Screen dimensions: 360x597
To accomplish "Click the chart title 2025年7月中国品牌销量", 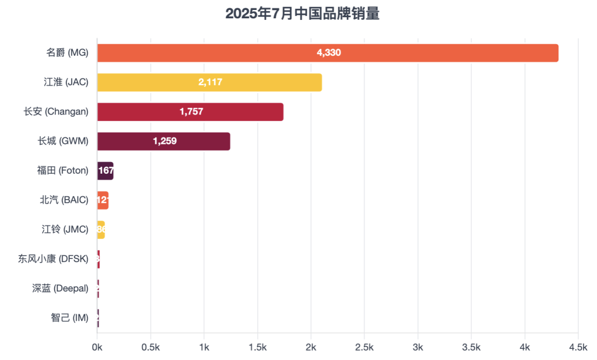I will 302,14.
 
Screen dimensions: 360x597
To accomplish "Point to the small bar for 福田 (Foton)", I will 105,171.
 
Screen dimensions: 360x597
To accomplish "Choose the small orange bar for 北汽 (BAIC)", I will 103,200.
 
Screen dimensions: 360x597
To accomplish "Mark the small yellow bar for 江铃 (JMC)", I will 101,229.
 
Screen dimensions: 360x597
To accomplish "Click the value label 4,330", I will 329,53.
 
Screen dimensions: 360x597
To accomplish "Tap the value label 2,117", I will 210,82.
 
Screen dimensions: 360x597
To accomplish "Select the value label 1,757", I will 191,112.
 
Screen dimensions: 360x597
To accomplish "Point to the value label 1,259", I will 165,141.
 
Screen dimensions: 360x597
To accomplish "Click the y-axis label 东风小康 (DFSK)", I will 53,259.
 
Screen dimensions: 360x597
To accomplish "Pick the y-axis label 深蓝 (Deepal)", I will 60,288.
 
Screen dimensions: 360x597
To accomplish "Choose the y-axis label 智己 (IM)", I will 69,318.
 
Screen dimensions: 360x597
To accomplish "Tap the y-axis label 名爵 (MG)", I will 67,53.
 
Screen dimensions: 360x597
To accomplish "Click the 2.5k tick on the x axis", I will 364,347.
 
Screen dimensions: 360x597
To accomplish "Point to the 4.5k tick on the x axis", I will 578,347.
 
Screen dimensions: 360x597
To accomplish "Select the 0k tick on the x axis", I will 97,347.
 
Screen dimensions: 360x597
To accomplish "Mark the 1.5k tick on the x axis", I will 258,347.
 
